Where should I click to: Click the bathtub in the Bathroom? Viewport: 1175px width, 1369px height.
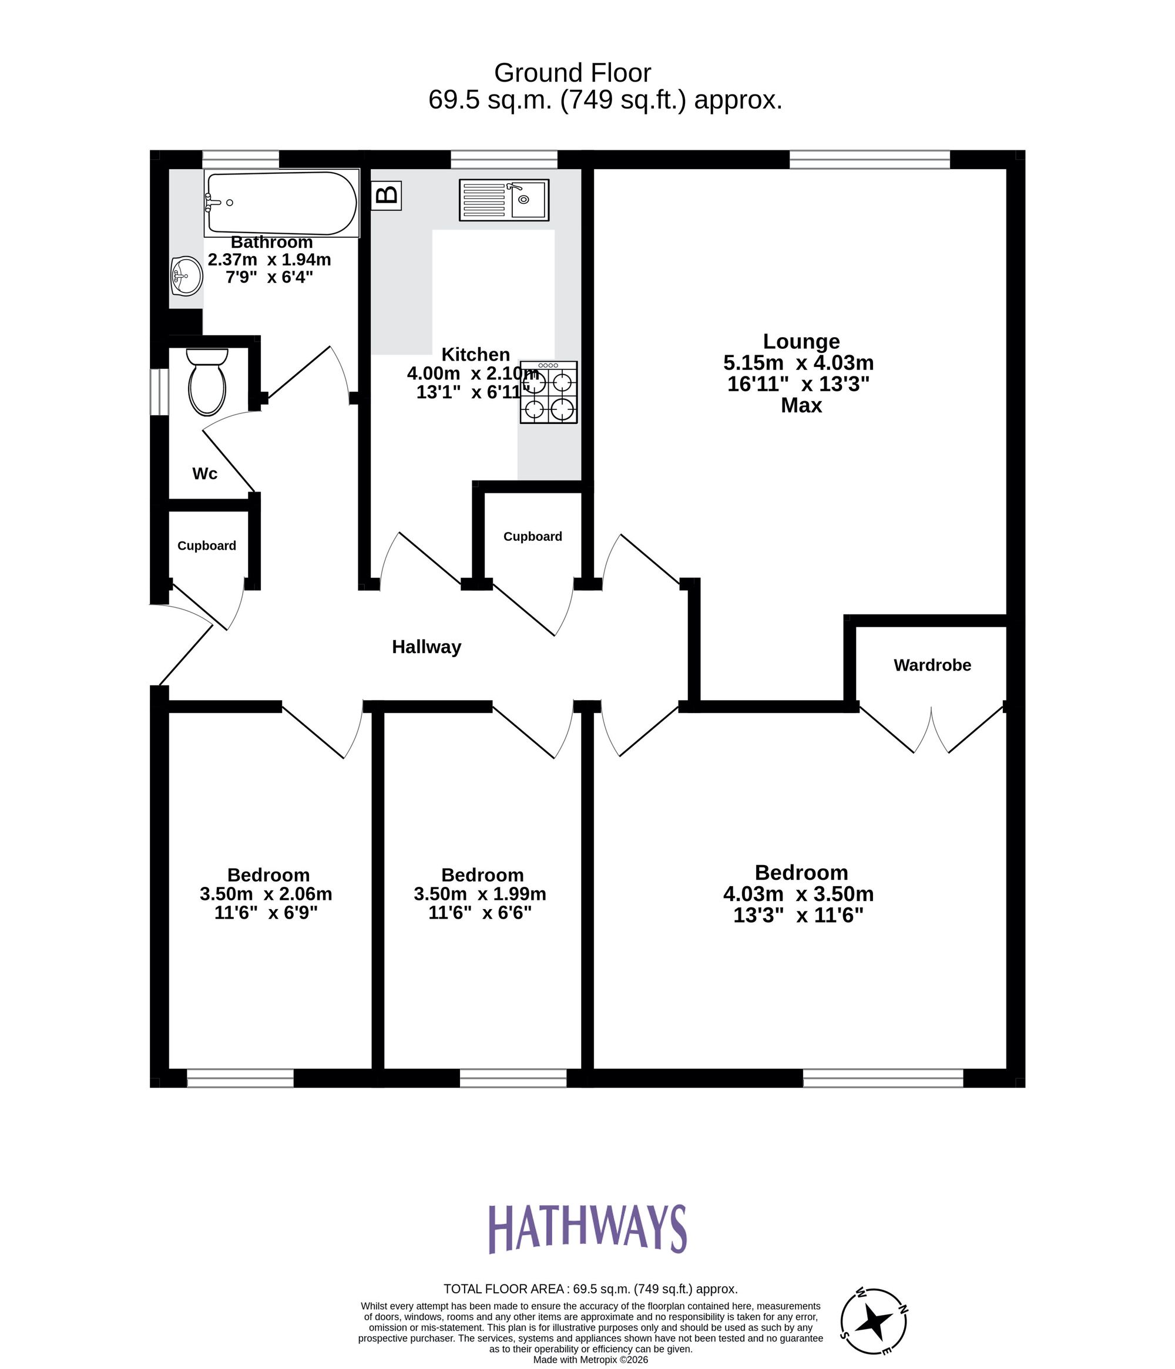[281, 203]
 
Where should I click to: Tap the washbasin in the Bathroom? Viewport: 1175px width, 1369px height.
[186, 276]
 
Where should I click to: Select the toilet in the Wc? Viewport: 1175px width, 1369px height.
[207, 382]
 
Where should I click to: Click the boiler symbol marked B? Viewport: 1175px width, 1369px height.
[387, 196]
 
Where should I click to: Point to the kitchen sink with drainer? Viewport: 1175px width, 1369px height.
[503, 200]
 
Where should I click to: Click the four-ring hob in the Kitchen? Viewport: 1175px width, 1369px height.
[549, 392]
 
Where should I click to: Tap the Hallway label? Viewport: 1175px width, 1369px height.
[427, 647]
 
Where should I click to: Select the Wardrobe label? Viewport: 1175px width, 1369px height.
[932, 665]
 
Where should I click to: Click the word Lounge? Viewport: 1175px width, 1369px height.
[801, 342]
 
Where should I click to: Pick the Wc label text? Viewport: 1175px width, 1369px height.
[205, 474]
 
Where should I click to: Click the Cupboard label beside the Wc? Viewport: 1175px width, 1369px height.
[207, 546]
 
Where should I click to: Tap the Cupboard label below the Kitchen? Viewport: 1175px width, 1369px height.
[533, 537]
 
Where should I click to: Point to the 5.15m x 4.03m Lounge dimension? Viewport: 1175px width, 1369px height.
[798, 363]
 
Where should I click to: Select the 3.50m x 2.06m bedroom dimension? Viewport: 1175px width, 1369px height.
[266, 894]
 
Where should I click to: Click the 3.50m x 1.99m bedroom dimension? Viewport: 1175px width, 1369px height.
[480, 894]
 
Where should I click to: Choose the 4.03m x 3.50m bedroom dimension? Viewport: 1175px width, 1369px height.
[798, 894]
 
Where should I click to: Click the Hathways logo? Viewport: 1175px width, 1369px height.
[587, 1228]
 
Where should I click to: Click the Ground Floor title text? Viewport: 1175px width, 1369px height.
[572, 73]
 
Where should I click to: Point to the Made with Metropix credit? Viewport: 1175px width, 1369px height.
[590, 1360]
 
